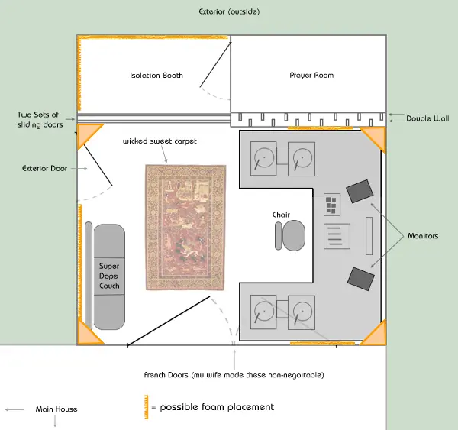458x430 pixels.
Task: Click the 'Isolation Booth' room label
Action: pos(156,76)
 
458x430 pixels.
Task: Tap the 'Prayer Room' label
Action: pos(311,76)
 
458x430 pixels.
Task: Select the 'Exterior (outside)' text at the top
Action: pos(229,11)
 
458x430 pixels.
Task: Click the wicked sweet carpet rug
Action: pos(185,228)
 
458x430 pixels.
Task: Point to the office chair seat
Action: pos(294,235)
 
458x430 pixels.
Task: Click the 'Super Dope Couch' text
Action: pos(109,276)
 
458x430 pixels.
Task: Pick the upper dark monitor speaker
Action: pos(360,191)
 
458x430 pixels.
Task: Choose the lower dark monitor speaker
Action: pos(361,279)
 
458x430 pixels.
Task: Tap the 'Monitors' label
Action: pos(423,236)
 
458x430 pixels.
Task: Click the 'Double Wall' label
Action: pos(427,118)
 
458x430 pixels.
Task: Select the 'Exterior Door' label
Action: pos(45,168)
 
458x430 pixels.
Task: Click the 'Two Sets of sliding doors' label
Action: pos(40,120)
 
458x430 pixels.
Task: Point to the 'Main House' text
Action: pos(56,409)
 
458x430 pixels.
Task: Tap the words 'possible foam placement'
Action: pos(217,407)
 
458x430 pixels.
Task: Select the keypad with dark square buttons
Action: pos(332,205)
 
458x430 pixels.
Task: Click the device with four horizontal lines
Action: pos(337,236)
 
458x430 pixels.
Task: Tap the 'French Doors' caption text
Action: pos(166,375)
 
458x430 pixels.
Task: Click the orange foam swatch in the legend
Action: pos(146,407)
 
